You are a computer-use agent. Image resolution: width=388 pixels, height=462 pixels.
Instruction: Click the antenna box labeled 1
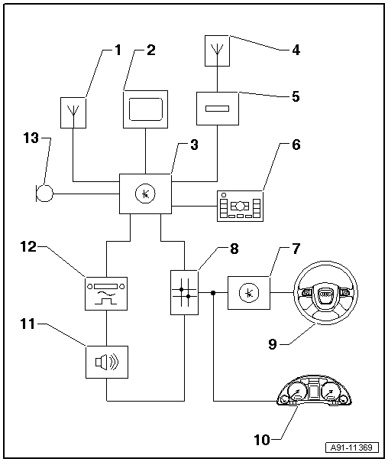pyautogui.click(x=73, y=113)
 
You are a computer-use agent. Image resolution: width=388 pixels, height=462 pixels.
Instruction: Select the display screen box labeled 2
pyautogui.click(x=146, y=109)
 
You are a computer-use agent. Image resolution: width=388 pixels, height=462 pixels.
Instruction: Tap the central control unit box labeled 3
pyautogui.click(x=145, y=194)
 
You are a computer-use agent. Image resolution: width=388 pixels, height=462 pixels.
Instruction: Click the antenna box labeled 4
pyautogui.click(x=217, y=50)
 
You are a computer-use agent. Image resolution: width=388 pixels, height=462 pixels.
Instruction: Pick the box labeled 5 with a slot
pyautogui.click(x=218, y=109)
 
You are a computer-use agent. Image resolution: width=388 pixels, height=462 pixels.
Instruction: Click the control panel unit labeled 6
pyautogui.click(x=240, y=206)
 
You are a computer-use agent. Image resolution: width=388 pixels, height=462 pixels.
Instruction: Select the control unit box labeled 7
pyautogui.click(x=249, y=293)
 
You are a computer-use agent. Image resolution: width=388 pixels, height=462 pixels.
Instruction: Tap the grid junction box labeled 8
pyautogui.click(x=184, y=293)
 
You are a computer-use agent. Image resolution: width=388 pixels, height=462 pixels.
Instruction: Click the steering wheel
pyautogui.click(x=325, y=293)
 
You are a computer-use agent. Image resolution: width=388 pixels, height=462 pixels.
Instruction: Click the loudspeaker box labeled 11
pyautogui.click(x=107, y=362)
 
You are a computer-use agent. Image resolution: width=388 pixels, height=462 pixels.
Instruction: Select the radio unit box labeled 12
pyautogui.click(x=106, y=294)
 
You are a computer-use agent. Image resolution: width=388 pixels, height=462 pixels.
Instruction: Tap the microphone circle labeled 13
pyautogui.click(x=44, y=194)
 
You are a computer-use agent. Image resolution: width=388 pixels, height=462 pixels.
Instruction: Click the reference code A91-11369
pyautogui.click(x=352, y=447)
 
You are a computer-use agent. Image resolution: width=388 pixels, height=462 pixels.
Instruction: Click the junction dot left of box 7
pyautogui.click(x=213, y=293)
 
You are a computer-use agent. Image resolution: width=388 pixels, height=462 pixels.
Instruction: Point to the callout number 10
pyautogui.click(x=262, y=440)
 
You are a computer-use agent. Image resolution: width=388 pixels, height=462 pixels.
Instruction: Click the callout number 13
pyautogui.click(x=31, y=138)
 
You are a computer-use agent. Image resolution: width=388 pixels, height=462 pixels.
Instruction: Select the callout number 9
pyautogui.click(x=273, y=344)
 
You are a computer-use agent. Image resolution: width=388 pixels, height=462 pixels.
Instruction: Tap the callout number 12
pyautogui.click(x=28, y=246)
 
